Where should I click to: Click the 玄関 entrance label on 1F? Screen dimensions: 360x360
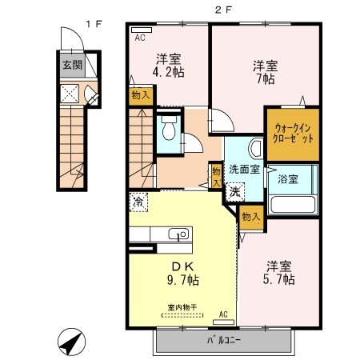tap(72, 65)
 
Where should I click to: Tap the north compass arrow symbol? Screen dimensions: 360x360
tap(71, 342)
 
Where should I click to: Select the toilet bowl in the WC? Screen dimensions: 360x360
tap(169, 128)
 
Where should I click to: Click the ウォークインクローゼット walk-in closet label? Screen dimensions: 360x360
tap(293, 134)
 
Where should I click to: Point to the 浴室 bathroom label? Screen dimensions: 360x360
tap(288, 179)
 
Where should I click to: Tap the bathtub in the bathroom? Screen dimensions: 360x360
tap(293, 205)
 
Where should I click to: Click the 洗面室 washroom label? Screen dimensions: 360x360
tap(245, 170)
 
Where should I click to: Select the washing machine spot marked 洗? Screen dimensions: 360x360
tap(235, 192)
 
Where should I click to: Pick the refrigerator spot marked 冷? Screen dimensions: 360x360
tap(138, 202)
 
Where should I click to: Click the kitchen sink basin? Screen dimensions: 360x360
tap(178, 234)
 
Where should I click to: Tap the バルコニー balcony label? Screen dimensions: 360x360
tap(224, 340)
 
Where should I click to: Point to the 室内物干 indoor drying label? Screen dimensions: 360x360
tap(182, 307)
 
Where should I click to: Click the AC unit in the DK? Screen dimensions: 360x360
tap(223, 322)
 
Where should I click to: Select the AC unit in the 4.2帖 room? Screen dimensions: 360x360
tap(142, 30)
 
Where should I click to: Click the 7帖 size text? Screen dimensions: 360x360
tap(266, 79)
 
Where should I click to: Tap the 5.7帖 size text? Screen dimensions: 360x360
tap(279, 279)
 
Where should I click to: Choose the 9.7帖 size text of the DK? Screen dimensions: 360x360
tap(183, 280)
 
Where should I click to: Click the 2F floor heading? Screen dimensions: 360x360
tap(223, 10)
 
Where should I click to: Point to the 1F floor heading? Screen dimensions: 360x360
tap(94, 24)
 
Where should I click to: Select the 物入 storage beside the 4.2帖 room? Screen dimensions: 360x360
tap(141, 95)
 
